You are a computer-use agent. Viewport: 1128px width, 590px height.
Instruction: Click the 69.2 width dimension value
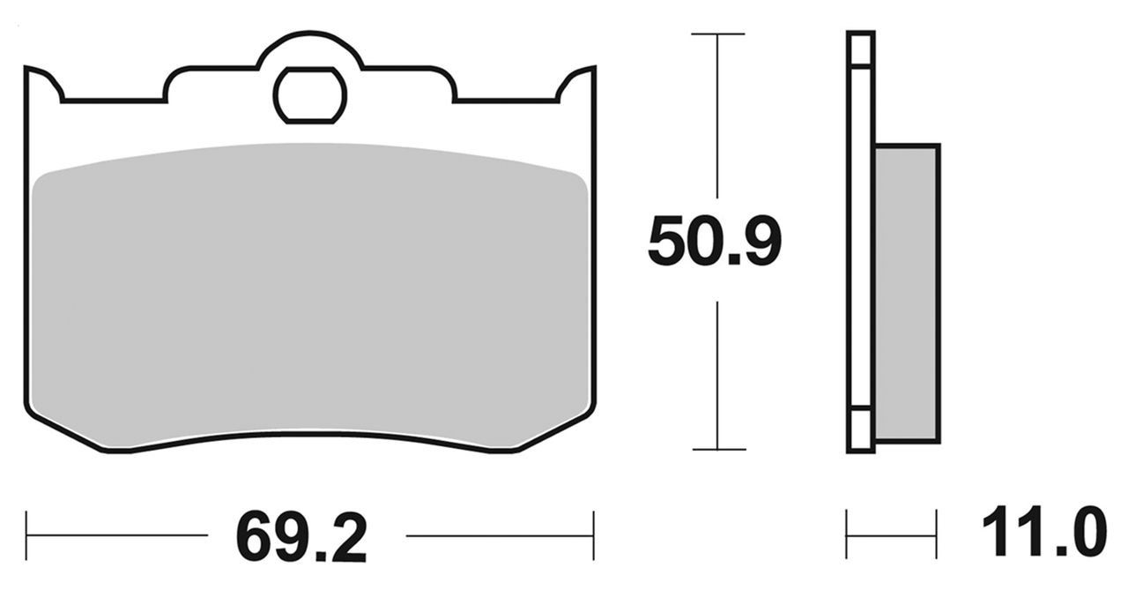point(301,535)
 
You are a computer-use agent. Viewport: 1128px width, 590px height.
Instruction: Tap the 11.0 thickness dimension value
point(1042,532)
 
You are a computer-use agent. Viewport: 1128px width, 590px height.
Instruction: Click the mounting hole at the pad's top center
point(309,94)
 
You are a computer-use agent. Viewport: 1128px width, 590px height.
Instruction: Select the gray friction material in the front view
point(308,300)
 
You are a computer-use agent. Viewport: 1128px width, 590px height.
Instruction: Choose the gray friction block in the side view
point(906,291)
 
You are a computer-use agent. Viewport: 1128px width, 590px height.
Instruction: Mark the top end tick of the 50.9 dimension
point(717,34)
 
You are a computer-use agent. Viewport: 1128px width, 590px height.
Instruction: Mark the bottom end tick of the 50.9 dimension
point(717,450)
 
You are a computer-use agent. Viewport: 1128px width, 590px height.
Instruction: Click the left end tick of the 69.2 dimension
point(27,534)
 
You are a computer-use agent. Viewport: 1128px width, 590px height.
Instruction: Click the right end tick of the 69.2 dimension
point(593,534)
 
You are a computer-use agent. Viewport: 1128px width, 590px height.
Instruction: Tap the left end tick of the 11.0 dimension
point(847,534)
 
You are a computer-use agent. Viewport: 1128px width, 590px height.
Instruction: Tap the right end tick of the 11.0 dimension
point(936,534)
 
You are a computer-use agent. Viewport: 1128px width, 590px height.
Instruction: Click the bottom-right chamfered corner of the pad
point(555,432)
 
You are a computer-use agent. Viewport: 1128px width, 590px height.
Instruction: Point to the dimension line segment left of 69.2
point(119,534)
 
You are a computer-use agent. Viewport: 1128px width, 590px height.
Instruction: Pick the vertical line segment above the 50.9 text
point(717,115)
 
